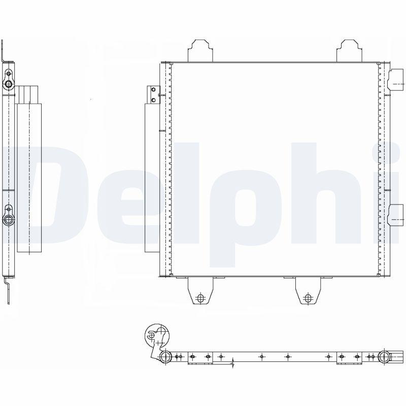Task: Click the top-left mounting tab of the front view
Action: [200, 51]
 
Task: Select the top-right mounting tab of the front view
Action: [349, 51]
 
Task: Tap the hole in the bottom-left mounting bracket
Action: [200, 298]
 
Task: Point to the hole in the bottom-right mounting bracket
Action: [308, 298]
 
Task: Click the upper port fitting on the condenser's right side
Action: [396, 80]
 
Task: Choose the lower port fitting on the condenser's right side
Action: [396, 215]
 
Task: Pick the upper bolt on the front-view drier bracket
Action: [154, 90]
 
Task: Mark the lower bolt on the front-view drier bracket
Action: [154, 99]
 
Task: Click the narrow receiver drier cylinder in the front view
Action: [152, 178]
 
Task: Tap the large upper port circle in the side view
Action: [9, 84]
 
